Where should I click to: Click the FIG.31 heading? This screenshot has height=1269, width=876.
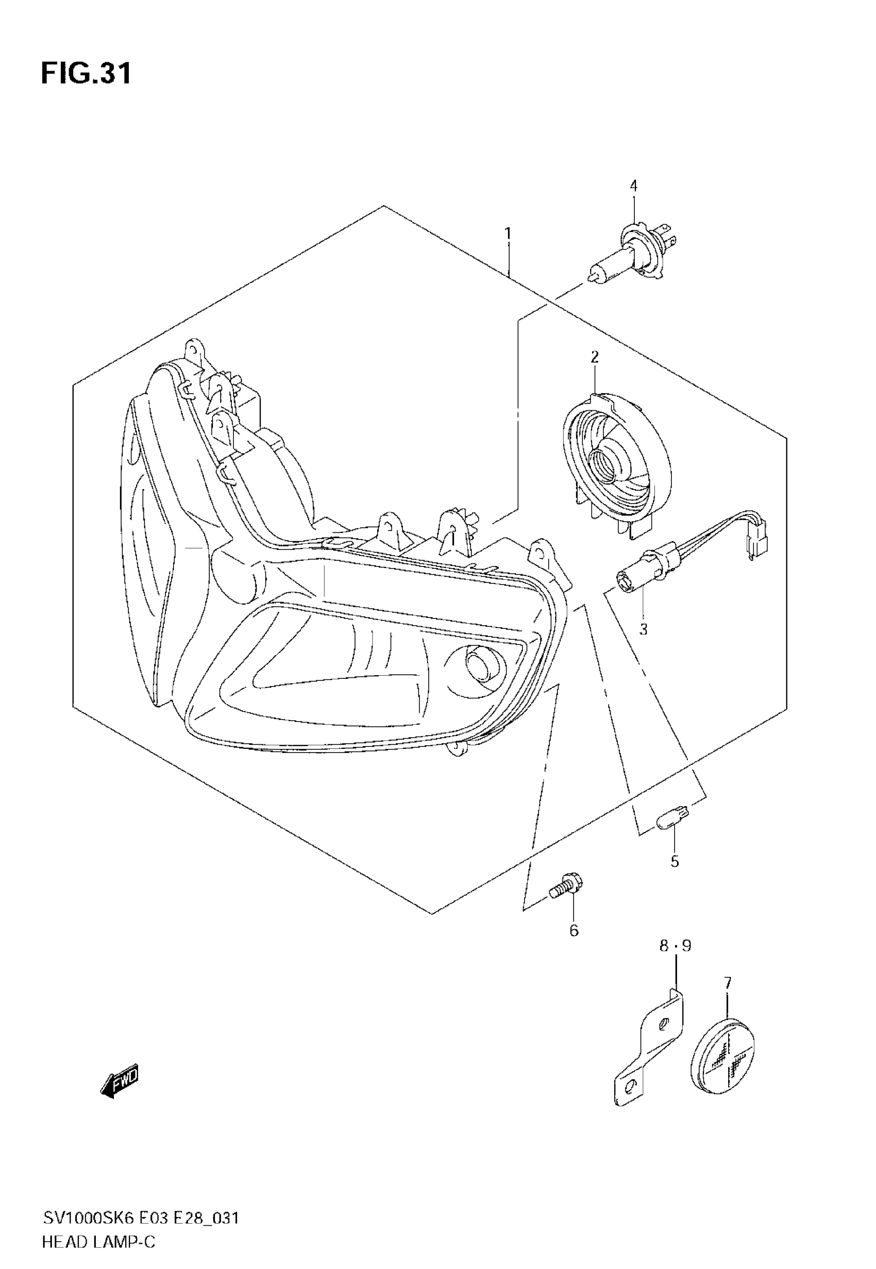point(86,74)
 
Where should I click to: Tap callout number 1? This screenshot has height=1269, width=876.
point(508,234)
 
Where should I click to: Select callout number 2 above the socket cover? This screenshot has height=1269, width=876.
point(595,357)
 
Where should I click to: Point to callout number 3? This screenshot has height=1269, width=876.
point(643,629)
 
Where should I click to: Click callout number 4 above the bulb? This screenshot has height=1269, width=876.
point(633,186)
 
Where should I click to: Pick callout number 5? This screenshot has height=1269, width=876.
point(675,861)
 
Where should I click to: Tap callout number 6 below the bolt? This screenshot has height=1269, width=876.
point(574,930)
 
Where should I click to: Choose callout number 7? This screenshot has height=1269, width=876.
point(728,983)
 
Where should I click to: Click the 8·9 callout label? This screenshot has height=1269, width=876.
point(675,946)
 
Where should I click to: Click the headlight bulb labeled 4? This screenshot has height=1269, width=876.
point(631,255)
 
